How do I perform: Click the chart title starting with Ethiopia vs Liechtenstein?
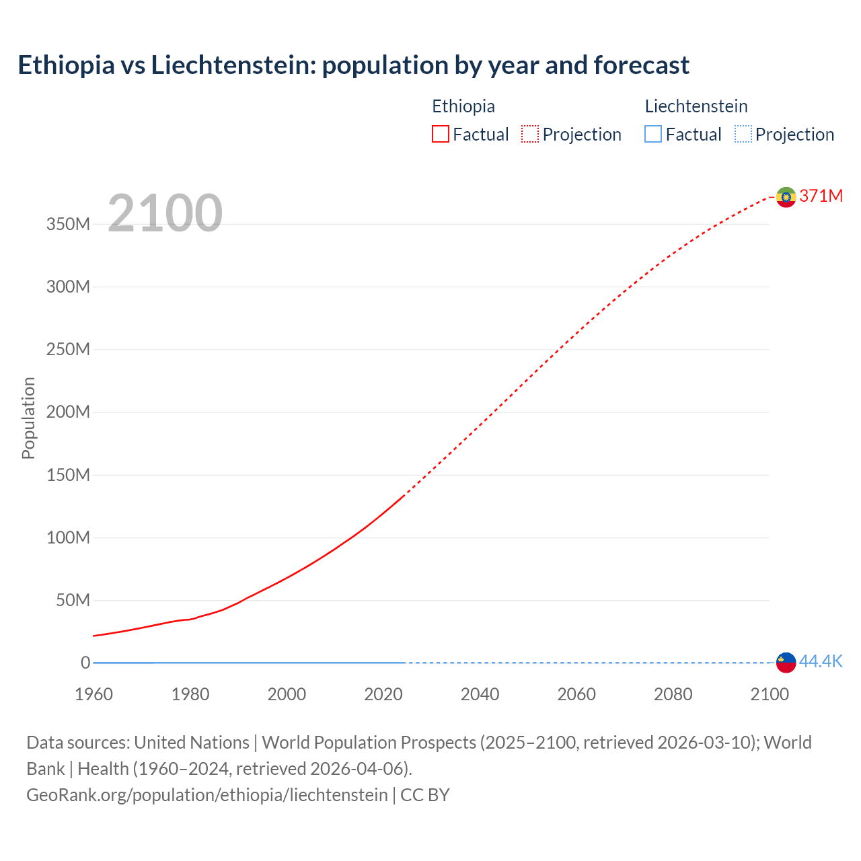(x=353, y=65)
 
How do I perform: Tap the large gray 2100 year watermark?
(x=165, y=213)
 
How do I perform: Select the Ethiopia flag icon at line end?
(x=786, y=196)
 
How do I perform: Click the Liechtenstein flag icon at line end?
(x=786, y=662)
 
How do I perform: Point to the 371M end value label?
(x=821, y=196)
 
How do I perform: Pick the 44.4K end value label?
(x=821, y=661)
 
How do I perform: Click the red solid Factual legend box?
(x=441, y=134)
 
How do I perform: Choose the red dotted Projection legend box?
(x=530, y=134)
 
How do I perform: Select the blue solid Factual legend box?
(x=653, y=134)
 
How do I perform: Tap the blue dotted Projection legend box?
(x=743, y=134)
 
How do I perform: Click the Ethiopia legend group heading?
(x=463, y=106)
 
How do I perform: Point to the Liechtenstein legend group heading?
(x=696, y=106)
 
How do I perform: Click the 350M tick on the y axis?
(x=68, y=224)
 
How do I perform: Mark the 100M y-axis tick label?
(x=68, y=537)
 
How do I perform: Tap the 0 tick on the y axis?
(x=85, y=663)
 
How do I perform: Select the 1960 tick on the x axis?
(x=93, y=694)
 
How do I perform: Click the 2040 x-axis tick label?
(x=480, y=694)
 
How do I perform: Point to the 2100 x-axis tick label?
(x=769, y=694)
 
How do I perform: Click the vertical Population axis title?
(x=28, y=418)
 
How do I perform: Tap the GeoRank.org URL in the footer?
(x=207, y=795)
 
